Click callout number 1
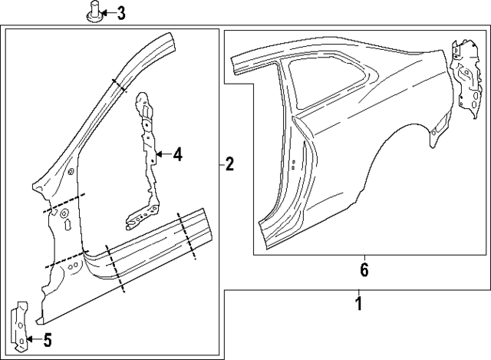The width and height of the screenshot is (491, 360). pos(358,304)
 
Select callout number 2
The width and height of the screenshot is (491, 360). pos(229,163)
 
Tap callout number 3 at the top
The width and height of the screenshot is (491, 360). pos(120,13)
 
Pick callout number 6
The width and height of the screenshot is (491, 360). pos(364,269)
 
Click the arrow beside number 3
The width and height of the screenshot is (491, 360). pos(107,13)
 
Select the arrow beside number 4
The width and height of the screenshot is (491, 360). pos(162,155)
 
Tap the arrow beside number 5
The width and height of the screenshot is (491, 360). pos(31,340)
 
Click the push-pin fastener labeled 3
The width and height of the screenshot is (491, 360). pos(94,14)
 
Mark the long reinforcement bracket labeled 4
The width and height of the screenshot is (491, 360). pos(146,154)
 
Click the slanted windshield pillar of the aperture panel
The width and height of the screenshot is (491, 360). pos(107,100)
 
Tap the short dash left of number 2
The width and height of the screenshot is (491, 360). pos(219,163)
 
